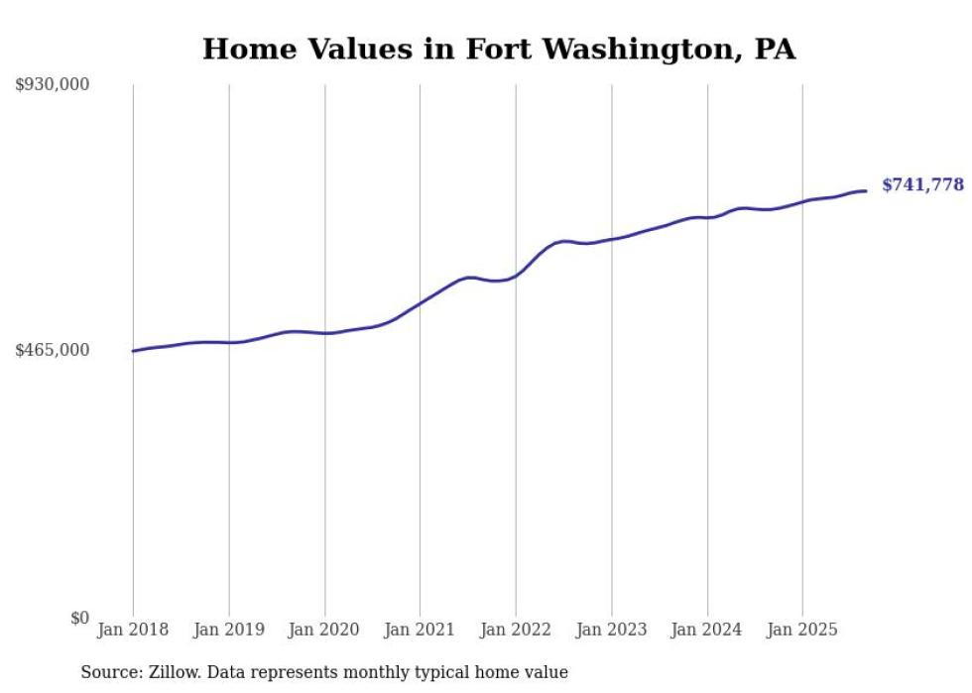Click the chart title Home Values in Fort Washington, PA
[x=499, y=49]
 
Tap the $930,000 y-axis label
[x=53, y=85]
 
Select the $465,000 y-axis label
[x=53, y=350]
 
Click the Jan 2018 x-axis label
[x=133, y=630]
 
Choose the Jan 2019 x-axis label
[x=229, y=630]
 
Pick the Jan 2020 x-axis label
[x=324, y=630]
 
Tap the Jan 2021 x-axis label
[x=420, y=630]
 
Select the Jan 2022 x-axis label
[x=516, y=630]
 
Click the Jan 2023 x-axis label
[x=611, y=630]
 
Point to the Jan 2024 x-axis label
[x=707, y=630]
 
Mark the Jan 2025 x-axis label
[x=802, y=630]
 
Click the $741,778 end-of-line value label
[x=922, y=185]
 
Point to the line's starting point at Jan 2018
[x=133, y=351]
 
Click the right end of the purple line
[x=867, y=190]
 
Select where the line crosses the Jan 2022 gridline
[x=516, y=274]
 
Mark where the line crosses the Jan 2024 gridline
[x=707, y=217]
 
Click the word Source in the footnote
[x=107, y=672]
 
